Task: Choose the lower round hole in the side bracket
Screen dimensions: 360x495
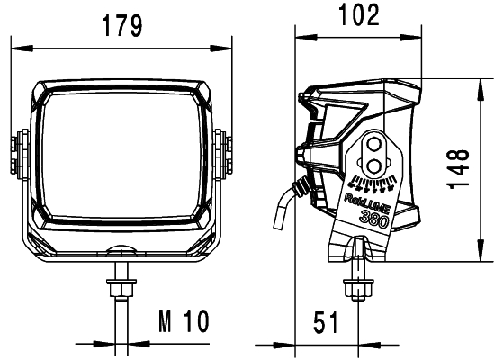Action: point(373,163)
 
